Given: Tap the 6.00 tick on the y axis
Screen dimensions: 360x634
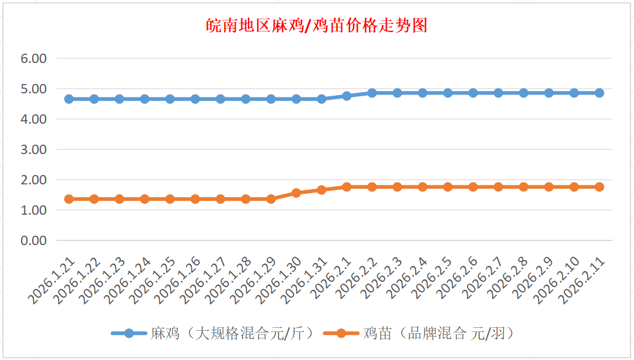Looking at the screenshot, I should pyautogui.click(x=33, y=58).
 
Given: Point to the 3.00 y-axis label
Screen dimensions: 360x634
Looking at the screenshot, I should pyautogui.click(x=33, y=149).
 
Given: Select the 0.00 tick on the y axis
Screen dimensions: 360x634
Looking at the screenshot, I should pyautogui.click(x=33, y=240).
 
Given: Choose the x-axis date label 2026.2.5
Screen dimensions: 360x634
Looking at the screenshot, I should pyautogui.click(x=432, y=280).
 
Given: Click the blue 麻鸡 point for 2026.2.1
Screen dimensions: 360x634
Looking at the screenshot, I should pyautogui.click(x=346, y=96).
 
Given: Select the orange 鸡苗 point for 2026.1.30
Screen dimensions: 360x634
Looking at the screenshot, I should pyautogui.click(x=296, y=193).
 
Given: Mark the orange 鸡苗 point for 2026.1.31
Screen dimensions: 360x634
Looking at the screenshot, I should pyautogui.click(x=321, y=190).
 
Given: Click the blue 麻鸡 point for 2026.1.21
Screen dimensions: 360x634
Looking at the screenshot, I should pyautogui.click(x=69, y=99).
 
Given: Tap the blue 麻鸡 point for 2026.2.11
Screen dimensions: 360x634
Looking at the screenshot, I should pyautogui.click(x=599, y=93).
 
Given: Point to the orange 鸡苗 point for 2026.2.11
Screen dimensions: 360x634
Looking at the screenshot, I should pyautogui.click(x=599, y=187).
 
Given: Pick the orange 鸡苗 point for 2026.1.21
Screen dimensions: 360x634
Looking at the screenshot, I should pyautogui.click(x=69, y=199).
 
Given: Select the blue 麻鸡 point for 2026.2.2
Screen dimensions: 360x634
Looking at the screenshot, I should pyautogui.click(x=372, y=93).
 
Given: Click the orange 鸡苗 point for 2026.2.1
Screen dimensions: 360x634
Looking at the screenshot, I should pyautogui.click(x=346, y=187).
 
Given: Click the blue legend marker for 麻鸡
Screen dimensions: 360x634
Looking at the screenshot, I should pyautogui.click(x=129, y=333).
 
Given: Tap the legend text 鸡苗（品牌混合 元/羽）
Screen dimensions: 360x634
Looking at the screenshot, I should pyautogui.click(x=438, y=333).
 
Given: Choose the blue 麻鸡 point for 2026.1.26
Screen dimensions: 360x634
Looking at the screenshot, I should pyautogui.click(x=195, y=99).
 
